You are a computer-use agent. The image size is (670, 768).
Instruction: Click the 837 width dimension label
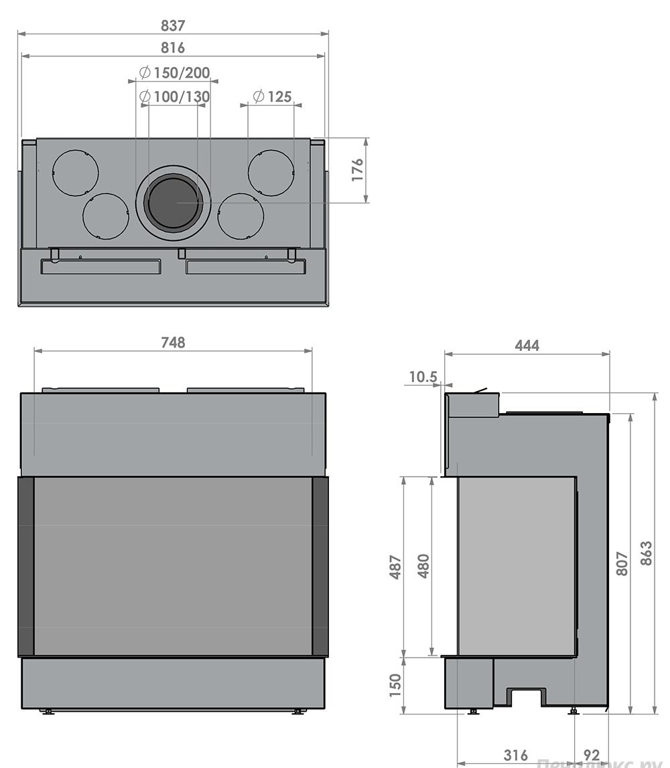(173, 25)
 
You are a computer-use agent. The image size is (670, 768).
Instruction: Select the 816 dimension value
(173, 48)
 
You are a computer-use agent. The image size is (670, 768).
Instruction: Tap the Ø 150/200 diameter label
(174, 73)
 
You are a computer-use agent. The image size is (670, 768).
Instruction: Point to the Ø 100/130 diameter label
(174, 96)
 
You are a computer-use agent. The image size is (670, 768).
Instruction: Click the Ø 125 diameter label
(271, 96)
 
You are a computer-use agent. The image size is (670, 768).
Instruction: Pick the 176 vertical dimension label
(357, 170)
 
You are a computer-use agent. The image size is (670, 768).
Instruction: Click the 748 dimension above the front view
(173, 342)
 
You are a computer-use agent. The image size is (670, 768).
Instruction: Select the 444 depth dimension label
(527, 345)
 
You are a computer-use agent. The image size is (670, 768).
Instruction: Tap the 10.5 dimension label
(422, 377)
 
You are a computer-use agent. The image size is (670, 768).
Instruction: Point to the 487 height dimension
(395, 566)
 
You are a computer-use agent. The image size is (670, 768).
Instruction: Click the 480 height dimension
(423, 566)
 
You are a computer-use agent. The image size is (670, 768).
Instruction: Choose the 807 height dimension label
(622, 564)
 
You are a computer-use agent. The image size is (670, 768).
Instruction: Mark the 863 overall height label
(646, 554)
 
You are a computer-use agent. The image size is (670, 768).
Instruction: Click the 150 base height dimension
(395, 684)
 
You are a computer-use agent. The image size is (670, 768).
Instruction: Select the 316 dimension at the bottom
(515, 755)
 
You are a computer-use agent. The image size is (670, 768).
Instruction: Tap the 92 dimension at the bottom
(592, 755)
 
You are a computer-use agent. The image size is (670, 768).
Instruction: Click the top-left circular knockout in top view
(76, 173)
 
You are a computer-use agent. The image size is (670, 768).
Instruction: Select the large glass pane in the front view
(173, 566)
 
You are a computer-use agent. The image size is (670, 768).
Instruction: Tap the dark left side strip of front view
(25, 566)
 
